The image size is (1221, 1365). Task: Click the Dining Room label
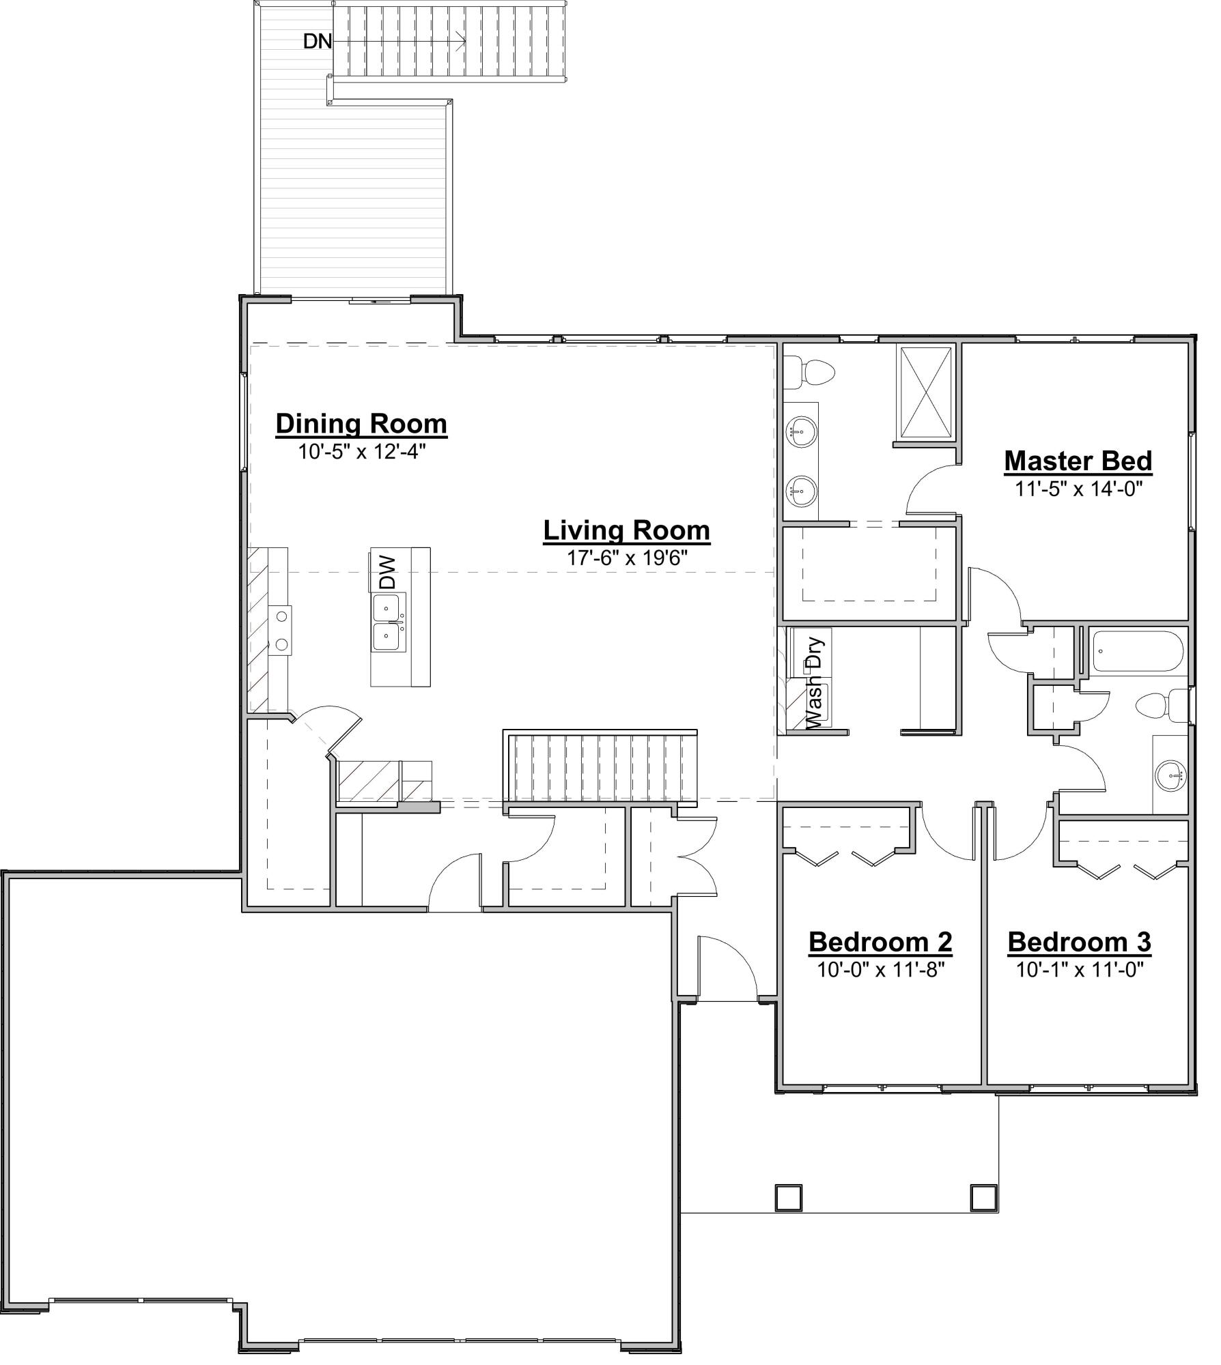(x=361, y=424)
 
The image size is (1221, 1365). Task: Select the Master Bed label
(x=1078, y=461)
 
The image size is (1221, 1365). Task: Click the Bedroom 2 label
(x=880, y=943)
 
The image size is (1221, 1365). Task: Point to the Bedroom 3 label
(x=1079, y=943)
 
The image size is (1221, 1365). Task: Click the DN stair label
(x=318, y=42)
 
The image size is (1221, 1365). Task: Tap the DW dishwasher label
(x=387, y=572)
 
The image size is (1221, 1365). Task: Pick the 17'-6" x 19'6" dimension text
(x=626, y=558)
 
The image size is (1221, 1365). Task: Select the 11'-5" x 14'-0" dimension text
(x=1078, y=489)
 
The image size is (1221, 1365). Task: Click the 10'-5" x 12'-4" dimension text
(x=361, y=452)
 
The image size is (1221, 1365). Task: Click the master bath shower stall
(x=926, y=393)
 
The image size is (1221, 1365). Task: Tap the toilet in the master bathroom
(x=810, y=373)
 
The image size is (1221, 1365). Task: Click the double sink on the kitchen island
(x=387, y=622)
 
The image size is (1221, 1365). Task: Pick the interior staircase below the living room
(x=601, y=767)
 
